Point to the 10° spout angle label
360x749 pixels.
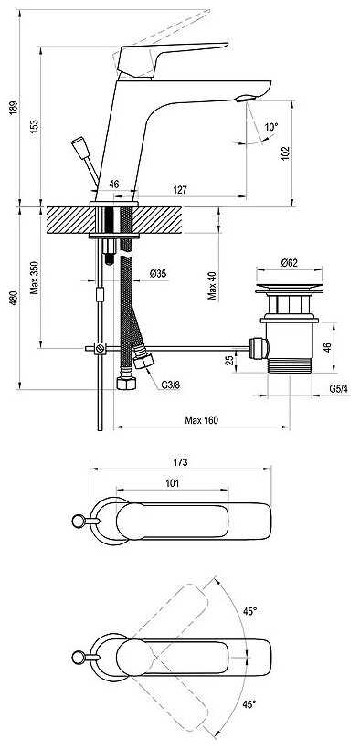(271, 127)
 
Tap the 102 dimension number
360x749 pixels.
(285, 153)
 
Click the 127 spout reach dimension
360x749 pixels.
(180, 190)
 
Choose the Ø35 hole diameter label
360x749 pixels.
(158, 274)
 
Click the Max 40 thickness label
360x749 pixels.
(212, 285)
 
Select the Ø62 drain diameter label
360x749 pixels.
(289, 262)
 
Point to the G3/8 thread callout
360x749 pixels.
(170, 384)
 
